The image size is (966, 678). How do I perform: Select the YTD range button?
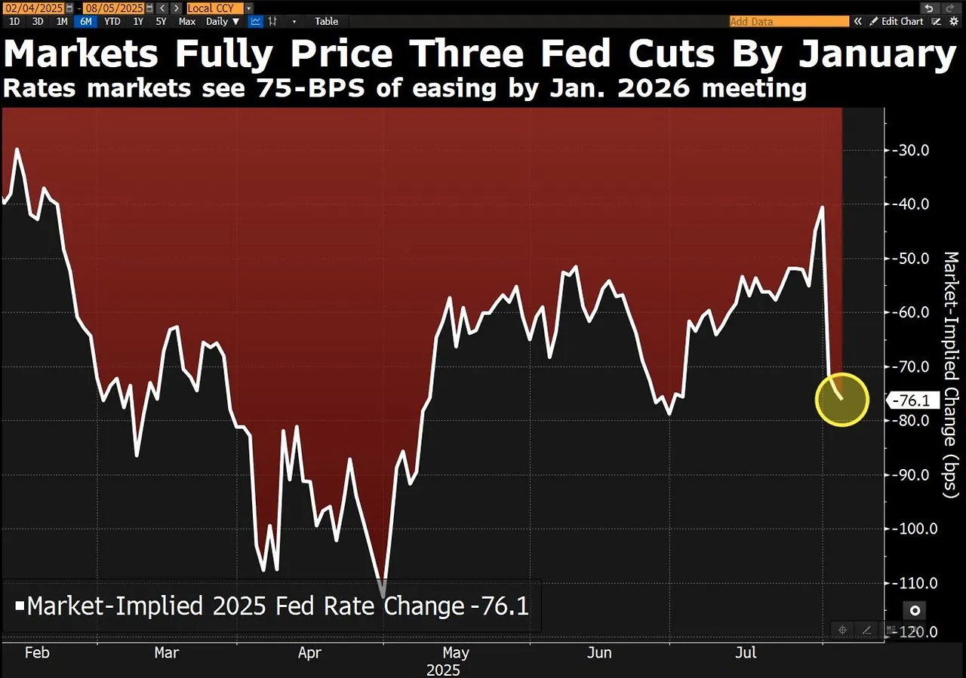click(x=112, y=21)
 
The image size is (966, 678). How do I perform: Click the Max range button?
click(x=187, y=21)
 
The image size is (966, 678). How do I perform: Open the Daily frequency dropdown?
click(x=223, y=21)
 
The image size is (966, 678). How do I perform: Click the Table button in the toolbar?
click(x=327, y=21)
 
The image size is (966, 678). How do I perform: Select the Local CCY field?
click(x=215, y=8)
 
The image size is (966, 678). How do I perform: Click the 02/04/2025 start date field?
click(x=35, y=8)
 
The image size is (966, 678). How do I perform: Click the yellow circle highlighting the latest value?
click(x=842, y=400)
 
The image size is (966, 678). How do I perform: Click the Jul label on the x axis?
click(x=746, y=652)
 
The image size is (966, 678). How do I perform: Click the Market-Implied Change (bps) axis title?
click(x=951, y=374)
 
